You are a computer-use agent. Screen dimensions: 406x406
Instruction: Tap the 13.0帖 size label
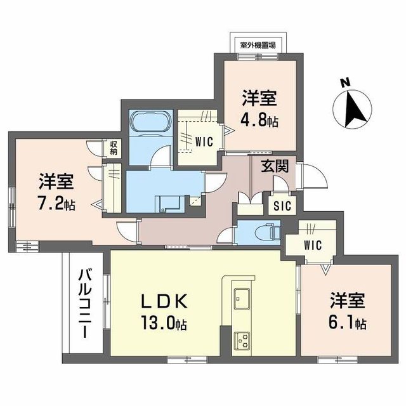click(164, 324)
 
